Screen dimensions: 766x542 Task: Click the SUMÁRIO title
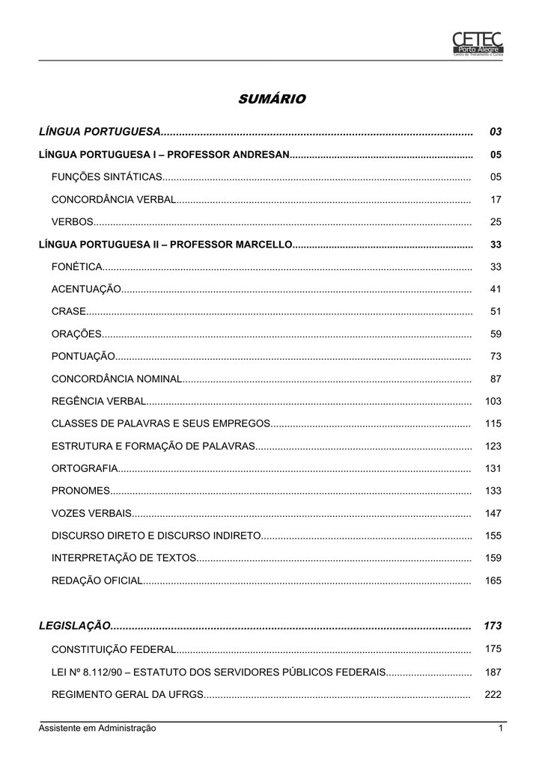point(272,99)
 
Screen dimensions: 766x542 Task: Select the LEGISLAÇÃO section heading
point(75,625)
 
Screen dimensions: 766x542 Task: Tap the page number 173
point(492,625)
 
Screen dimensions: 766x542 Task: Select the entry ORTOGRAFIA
point(85,468)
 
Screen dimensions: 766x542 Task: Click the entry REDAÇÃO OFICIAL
point(97,580)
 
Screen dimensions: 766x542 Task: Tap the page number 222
point(493,694)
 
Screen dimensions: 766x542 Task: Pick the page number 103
point(493,402)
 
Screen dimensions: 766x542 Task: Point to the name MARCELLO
point(263,245)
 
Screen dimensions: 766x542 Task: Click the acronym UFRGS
point(186,694)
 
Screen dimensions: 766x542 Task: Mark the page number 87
point(496,379)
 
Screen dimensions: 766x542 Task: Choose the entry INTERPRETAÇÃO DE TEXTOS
point(124,558)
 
